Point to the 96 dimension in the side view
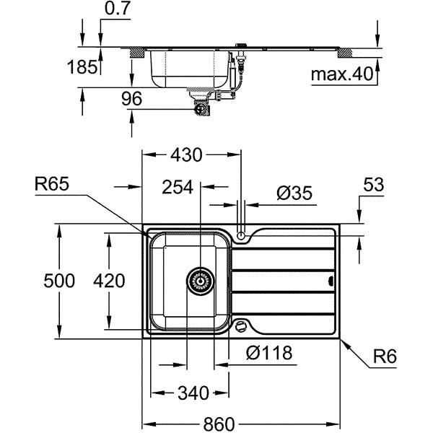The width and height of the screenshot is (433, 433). click(131, 100)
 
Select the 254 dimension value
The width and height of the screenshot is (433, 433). click(178, 188)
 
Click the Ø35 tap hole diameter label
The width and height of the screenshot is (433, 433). click(293, 193)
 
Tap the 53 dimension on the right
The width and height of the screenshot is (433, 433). click(372, 186)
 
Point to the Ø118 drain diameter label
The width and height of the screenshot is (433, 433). click(268, 353)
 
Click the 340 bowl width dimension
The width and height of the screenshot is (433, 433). click(193, 393)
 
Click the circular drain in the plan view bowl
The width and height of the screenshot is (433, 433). click(200, 280)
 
